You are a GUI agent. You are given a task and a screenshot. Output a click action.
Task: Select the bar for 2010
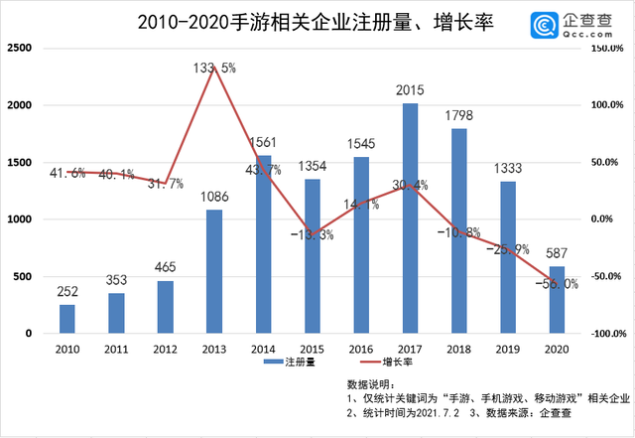(66, 319)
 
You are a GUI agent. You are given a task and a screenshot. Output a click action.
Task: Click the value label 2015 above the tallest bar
(410, 91)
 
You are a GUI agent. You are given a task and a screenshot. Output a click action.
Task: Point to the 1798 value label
(458, 116)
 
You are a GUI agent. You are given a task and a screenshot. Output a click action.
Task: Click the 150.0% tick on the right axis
(605, 48)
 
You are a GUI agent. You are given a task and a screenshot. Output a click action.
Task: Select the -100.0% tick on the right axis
(603, 334)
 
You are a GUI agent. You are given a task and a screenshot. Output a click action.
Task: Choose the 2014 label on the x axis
(263, 350)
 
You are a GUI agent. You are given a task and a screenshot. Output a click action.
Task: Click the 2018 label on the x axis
(458, 350)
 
